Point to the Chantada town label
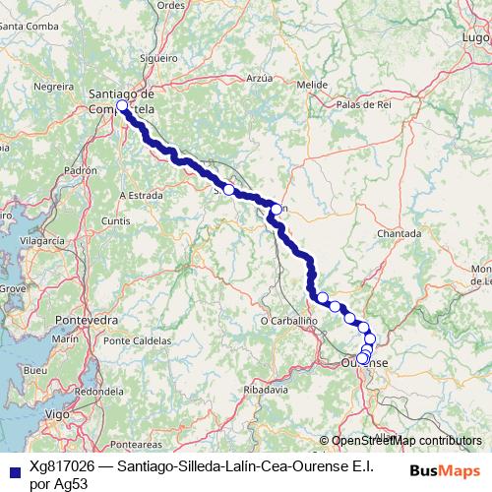(x=400, y=234)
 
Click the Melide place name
(x=311, y=85)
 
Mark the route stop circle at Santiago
(x=122, y=106)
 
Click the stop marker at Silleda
(x=228, y=189)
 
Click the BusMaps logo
(x=444, y=470)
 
